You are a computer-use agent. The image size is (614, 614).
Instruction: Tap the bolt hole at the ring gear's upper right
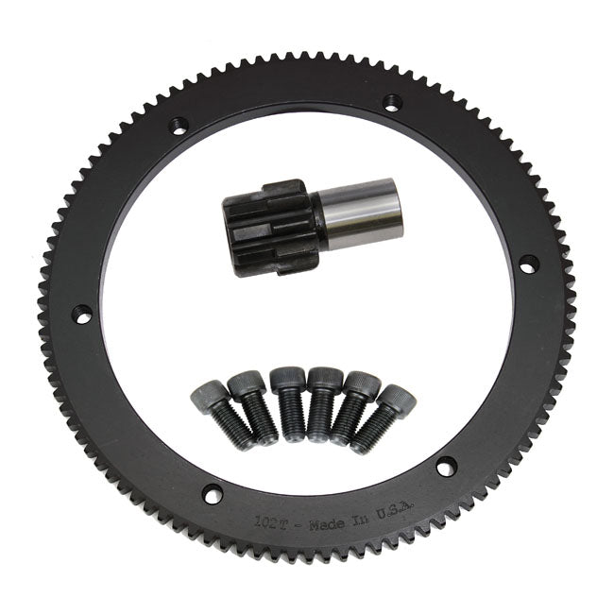pos(391,101)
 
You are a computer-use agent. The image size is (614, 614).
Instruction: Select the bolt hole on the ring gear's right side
pos(528,264)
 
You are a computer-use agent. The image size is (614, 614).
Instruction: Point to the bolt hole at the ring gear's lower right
pos(446,467)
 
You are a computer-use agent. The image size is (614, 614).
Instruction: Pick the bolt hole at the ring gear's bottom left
pos(213,493)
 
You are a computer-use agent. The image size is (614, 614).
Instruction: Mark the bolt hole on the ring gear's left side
pos(83,315)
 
